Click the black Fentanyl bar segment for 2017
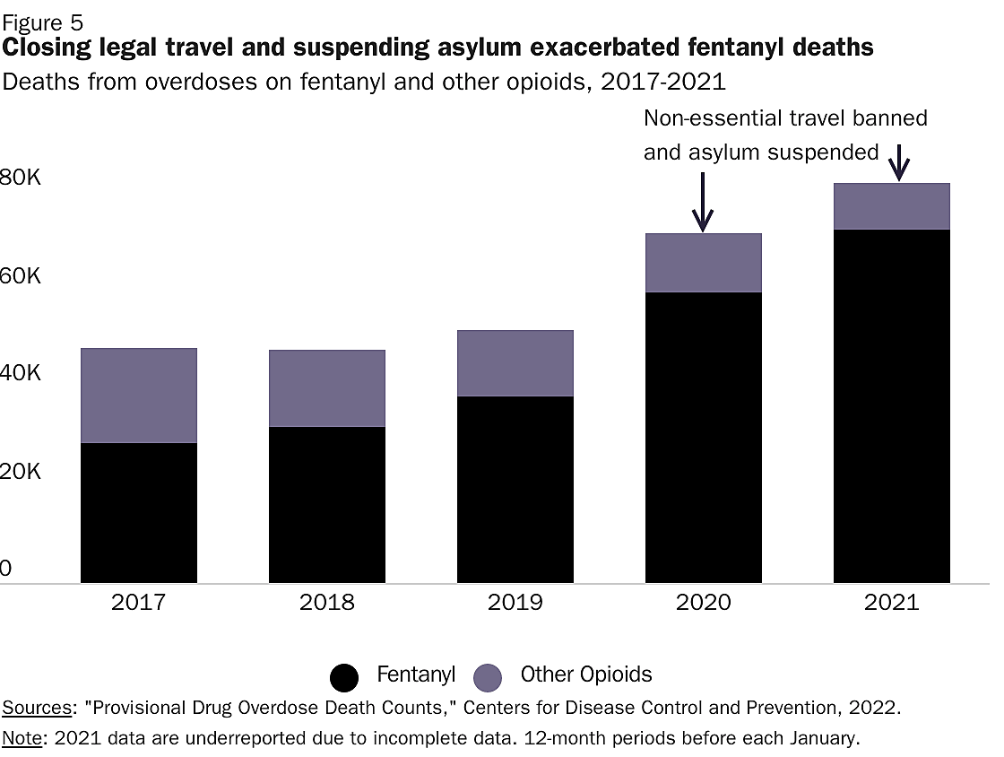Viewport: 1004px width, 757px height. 139,513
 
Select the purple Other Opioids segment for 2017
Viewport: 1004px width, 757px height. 139,396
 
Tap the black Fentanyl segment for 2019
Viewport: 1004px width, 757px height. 515,490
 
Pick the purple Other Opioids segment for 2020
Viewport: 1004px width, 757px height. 704,263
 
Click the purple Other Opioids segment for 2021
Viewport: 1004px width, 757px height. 891,206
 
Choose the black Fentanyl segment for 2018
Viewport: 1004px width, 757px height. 327,505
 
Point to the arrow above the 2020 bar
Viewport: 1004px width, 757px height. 703,202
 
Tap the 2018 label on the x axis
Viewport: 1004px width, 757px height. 327,602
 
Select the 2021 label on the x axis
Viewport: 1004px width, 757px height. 891,602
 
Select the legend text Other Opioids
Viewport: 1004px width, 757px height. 586,675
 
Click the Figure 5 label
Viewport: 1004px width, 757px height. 45,22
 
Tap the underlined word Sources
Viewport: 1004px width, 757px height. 37,708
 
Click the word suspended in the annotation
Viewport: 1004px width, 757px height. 822,152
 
